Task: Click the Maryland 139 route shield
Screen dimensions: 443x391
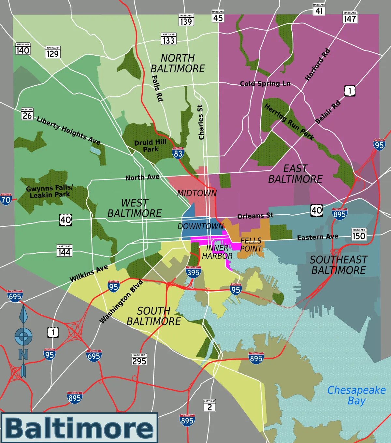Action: (186, 20)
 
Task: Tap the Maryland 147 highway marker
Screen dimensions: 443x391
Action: (350, 18)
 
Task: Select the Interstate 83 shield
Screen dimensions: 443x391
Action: (178, 153)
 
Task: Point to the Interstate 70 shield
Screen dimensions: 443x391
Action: (6, 199)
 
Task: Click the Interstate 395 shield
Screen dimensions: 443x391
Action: (193, 272)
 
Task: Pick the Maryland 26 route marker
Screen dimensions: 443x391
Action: (27, 114)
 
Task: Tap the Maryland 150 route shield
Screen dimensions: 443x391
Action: (359, 235)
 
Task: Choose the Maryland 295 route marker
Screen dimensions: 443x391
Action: (139, 360)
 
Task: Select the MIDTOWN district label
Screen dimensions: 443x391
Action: (197, 193)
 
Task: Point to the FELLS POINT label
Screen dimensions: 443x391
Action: (251, 245)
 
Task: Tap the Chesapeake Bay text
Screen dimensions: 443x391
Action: (356, 395)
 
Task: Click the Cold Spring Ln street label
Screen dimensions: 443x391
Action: (265, 84)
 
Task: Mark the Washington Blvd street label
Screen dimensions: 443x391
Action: (121, 302)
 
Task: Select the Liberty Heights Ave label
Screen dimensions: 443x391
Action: (68, 130)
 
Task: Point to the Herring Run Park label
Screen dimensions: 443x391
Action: (289, 122)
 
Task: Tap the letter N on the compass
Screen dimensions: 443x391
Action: (23, 354)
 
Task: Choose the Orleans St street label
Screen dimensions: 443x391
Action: (255, 216)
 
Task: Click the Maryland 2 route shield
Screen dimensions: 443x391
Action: (210, 406)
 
